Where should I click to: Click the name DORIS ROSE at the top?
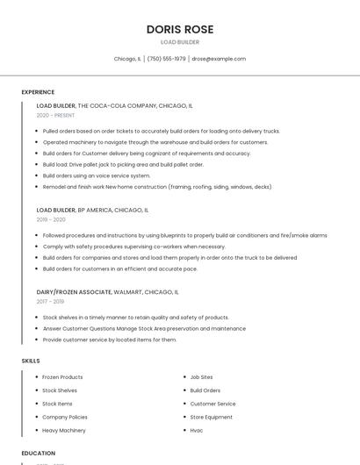[x=179, y=29]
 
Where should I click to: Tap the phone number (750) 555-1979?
[x=166, y=59]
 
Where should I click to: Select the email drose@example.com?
[x=219, y=59]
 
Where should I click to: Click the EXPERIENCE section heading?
[x=38, y=92]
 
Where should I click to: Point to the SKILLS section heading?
[x=31, y=361]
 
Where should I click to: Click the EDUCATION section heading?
[x=39, y=454]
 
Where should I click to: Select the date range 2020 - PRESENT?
[x=55, y=115]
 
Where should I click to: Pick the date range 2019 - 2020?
[x=51, y=219]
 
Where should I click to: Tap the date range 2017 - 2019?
[x=50, y=301]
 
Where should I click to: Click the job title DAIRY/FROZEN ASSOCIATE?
[x=74, y=291]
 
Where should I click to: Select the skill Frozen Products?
[x=62, y=377]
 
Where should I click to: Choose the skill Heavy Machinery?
[x=64, y=431]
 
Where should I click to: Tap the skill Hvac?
[x=197, y=431]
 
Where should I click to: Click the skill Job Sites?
[x=201, y=377]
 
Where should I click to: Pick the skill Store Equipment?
[x=212, y=417]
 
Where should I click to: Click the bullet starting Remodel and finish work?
[x=157, y=187]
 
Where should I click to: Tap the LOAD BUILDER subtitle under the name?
[x=179, y=42]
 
